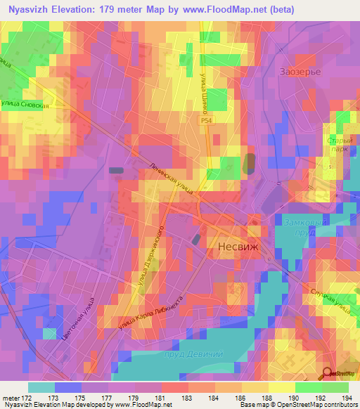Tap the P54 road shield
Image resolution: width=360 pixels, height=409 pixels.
203,121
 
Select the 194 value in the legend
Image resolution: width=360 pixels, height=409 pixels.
336,398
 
